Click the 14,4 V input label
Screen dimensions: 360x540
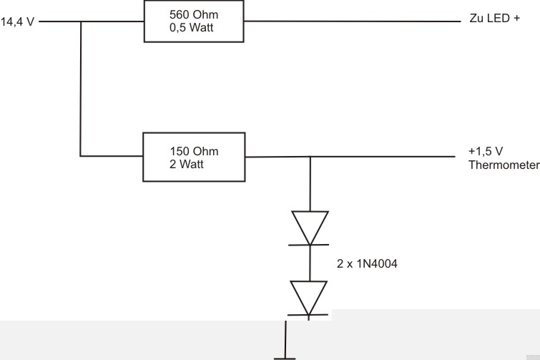[x=19, y=22]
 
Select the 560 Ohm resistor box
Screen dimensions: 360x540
[x=193, y=21]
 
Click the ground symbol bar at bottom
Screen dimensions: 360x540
[x=286, y=356]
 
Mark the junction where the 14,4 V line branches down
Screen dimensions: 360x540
[x=81, y=22]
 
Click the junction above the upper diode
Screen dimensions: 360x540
[x=310, y=157]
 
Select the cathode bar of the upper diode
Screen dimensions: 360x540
[x=309, y=244]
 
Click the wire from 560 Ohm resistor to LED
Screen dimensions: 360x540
[x=350, y=21]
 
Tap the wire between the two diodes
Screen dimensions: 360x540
[x=309, y=262]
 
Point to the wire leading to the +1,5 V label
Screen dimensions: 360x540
[x=386, y=157]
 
